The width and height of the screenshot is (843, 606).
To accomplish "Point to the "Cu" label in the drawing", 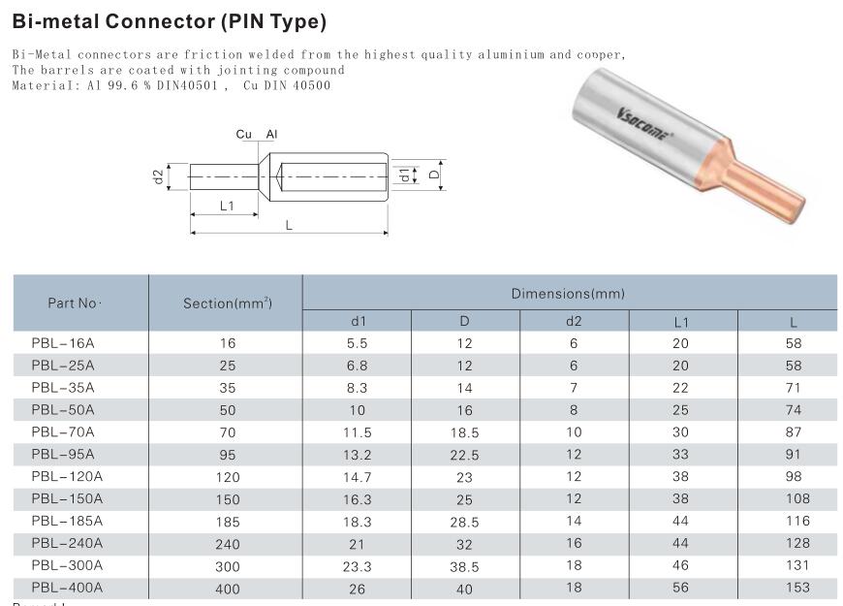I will [x=244, y=135].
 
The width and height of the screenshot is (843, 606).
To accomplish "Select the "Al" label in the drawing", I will [x=272, y=135].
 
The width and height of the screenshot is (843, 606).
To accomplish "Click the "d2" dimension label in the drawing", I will [x=158, y=177].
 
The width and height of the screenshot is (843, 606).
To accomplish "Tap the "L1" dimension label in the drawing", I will [x=226, y=206].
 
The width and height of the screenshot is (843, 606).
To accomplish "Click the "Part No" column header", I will [x=75, y=303].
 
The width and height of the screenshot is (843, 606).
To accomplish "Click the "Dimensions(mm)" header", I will [x=568, y=293].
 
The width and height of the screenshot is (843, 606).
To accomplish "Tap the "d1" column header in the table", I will [x=358, y=322].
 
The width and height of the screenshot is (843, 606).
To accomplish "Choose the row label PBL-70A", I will [x=63, y=431].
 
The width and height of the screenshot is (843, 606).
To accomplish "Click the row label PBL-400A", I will [x=67, y=588].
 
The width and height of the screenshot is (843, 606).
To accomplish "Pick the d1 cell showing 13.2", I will [x=358, y=455].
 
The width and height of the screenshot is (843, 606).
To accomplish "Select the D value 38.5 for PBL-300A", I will [x=465, y=566].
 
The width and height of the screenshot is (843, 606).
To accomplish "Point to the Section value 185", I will [x=228, y=522].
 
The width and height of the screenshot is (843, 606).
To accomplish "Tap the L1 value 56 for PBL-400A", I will [x=680, y=588].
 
